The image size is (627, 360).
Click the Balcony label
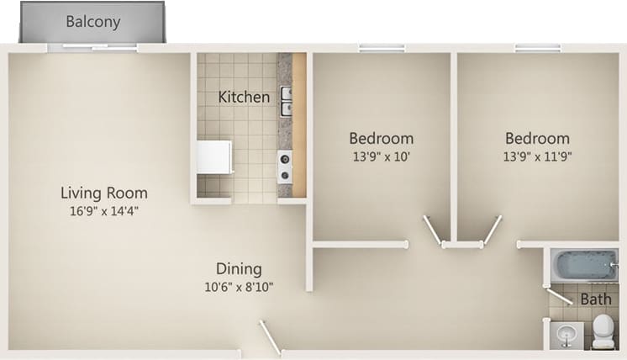pos(92,22)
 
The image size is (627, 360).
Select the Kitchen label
pos(244,97)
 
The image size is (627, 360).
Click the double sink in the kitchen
pos(286,100)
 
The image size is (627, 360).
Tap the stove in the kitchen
pos(285,167)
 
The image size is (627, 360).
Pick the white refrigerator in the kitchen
pos(213,156)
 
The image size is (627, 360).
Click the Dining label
pos(239,269)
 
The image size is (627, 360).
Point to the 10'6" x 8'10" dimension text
pos(239,287)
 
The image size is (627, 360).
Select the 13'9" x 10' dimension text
pos(382,156)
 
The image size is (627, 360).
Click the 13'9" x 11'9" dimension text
pos(537,156)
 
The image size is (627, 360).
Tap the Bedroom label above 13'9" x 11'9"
pos(537,138)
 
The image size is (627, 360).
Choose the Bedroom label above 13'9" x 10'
pos(382,138)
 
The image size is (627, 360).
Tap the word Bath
pos(596,299)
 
